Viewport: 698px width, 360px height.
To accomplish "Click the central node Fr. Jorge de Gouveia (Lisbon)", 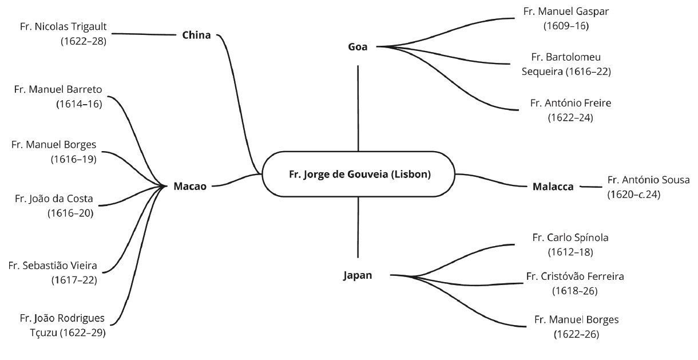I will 359,175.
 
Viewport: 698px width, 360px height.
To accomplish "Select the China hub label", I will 197,35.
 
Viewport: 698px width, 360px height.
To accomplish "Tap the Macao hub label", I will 189,185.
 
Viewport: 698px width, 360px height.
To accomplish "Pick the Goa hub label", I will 358,46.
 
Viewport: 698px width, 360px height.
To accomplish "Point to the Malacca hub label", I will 553,187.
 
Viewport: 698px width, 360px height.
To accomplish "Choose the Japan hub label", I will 358,275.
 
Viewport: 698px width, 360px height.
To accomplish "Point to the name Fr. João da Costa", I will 54,199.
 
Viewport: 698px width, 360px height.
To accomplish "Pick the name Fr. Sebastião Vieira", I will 53,266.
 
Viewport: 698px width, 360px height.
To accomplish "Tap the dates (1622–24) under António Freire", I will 570,118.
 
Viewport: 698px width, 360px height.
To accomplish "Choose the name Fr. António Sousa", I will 648,180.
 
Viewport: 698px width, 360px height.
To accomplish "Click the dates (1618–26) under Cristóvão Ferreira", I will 575,291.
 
